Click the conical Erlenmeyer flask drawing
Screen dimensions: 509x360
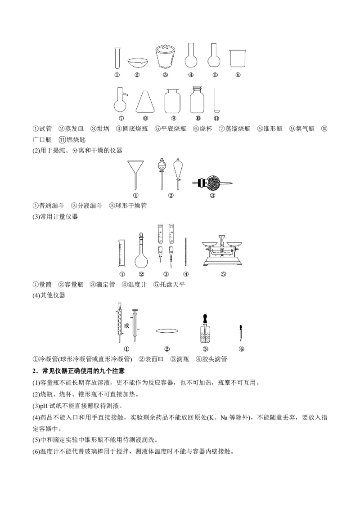click(x=145, y=102)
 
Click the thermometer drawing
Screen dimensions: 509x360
click(x=185, y=252)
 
